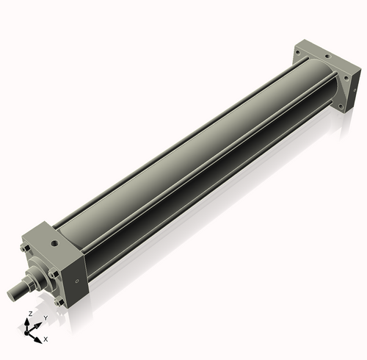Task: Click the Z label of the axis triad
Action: [x=29, y=314]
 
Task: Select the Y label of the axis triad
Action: [x=46, y=317]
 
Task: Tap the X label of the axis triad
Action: [x=46, y=339]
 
